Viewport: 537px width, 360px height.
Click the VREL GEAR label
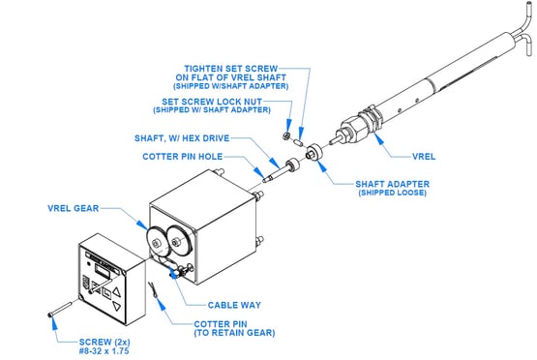coord(73,208)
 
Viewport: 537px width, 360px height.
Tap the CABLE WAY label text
coord(234,305)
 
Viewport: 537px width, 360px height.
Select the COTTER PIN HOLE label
coord(183,157)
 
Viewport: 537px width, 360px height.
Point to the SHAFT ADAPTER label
coord(393,184)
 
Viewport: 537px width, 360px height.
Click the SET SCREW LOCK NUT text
coord(212,102)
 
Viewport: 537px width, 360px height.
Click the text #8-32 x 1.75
coord(104,350)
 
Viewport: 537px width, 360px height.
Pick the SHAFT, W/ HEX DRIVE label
coord(182,138)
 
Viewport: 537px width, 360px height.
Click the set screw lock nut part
coord(286,136)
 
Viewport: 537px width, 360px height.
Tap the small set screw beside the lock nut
coord(298,142)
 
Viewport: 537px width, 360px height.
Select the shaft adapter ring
coord(314,152)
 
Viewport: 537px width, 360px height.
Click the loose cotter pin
coord(153,289)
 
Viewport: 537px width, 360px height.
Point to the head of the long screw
coord(50,315)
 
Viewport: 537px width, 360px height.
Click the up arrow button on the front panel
coord(117,292)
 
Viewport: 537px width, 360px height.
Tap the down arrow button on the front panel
coord(117,307)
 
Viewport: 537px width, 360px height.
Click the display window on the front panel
coord(102,273)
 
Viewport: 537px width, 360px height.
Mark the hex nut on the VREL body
coord(353,128)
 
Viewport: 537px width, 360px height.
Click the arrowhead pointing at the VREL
coord(377,137)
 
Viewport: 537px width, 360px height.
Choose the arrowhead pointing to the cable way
coord(174,274)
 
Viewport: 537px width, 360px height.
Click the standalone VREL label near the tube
coord(424,157)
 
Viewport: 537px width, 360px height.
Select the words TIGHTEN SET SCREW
coord(231,69)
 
